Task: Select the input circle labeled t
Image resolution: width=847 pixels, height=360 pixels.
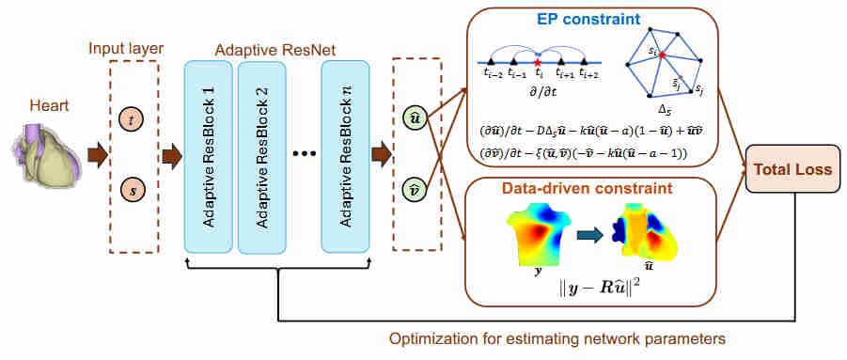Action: point(132,119)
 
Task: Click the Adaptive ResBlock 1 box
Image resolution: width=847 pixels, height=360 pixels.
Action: point(209,156)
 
